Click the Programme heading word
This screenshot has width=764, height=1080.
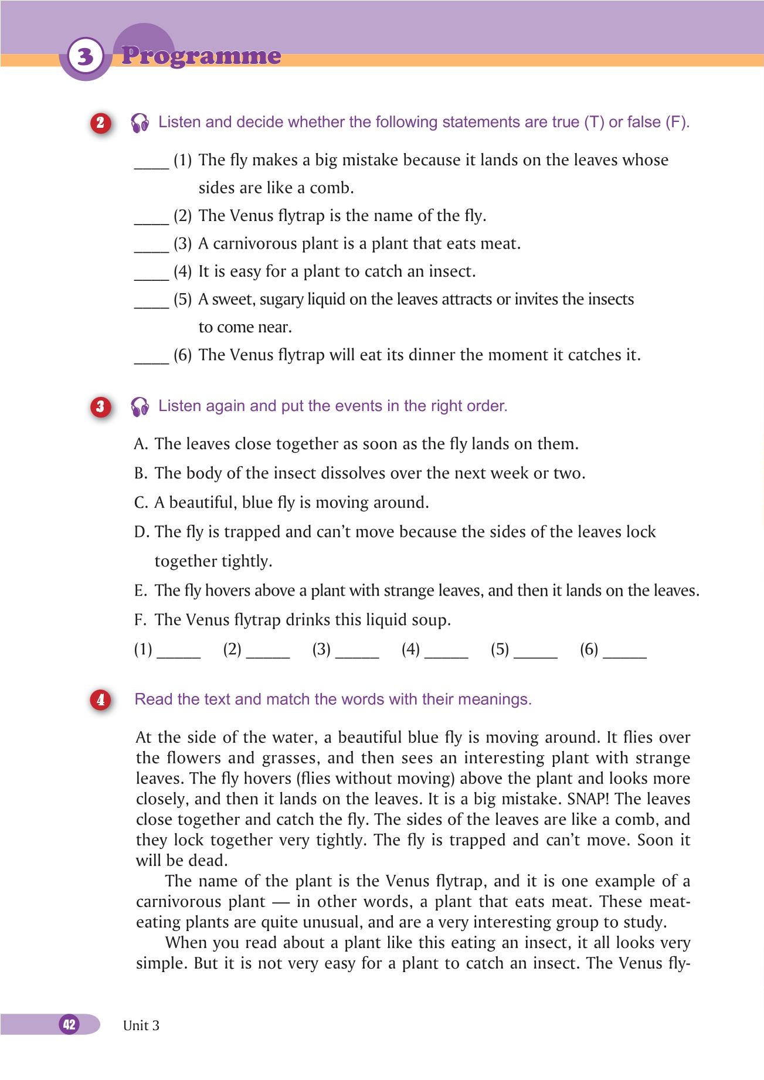pyautogui.click(x=201, y=56)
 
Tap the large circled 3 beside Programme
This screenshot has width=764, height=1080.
pyautogui.click(x=86, y=56)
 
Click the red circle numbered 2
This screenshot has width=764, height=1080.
pyautogui.click(x=100, y=123)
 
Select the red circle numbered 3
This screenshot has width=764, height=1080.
pyautogui.click(x=100, y=406)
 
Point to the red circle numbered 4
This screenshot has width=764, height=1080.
pyautogui.click(x=100, y=699)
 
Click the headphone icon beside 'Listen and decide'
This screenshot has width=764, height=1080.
pyautogui.click(x=140, y=123)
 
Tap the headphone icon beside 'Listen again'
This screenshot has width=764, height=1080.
pyautogui.click(x=140, y=406)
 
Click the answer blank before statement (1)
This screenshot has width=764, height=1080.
pyautogui.click(x=151, y=164)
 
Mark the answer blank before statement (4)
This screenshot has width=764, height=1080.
pyautogui.click(x=151, y=276)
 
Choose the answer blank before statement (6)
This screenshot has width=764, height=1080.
pyautogui.click(x=151, y=359)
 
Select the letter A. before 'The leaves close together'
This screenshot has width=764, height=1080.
pyautogui.click(x=140, y=444)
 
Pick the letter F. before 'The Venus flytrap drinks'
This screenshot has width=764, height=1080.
pyautogui.click(x=140, y=620)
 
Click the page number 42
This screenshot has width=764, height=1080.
pyautogui.click(x=69, y=1024)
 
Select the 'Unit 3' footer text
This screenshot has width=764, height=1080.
pyautogui.click(x=141, y=1025)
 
